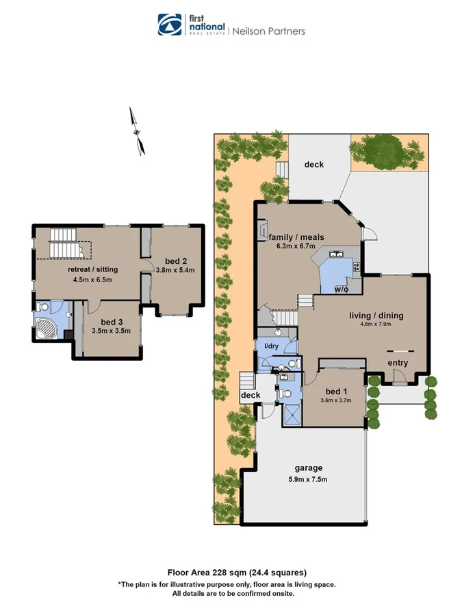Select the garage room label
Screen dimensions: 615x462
[309, 468]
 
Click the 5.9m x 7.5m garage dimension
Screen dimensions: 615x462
[309, 478]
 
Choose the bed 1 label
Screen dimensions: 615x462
[335, 391]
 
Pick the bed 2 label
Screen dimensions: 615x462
[176, 260]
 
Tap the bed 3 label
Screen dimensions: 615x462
[112, 322]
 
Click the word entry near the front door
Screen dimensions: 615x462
[398, 363]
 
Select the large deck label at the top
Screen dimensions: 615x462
[314, 165]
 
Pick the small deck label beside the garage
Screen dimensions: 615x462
[249, 396]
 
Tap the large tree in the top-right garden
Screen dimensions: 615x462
[385, 150]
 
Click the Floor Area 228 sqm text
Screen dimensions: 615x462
[237, 573]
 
